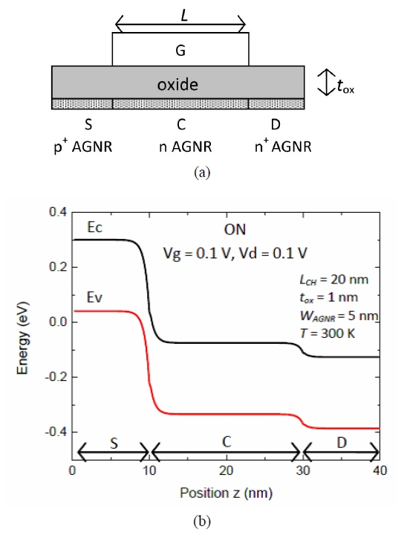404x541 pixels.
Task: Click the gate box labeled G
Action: click(x=180, y=49)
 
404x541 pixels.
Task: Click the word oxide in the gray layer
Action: click(x=177, y=85)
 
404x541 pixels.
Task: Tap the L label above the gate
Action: click(x=184, y=16)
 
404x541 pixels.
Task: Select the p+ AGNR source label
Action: click(x=83, y=147)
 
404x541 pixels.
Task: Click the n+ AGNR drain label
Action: click(x=283, y=147)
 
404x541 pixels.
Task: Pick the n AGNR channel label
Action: click(x=186, y=147)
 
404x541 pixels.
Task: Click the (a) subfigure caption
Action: click(x=202, y=172)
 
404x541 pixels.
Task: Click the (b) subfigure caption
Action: click(x=202, y=522)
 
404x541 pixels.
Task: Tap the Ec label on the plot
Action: click(x=95, y=228)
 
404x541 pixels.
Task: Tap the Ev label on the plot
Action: click(x=94, y=297)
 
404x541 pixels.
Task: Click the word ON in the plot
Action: click(x=235, y=230)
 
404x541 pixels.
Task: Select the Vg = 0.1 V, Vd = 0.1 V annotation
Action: click(x=235, y=254)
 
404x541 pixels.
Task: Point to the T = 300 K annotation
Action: click(x=328, y=333)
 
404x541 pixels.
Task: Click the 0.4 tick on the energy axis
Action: click(x=58, y=212)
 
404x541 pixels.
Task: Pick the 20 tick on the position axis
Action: click(x=226, y=470)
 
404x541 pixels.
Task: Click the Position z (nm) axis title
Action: click(x=226, y=493)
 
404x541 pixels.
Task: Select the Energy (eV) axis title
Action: click(x=23, y=338)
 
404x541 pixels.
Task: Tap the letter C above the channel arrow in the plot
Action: click(x=227, y=442)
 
